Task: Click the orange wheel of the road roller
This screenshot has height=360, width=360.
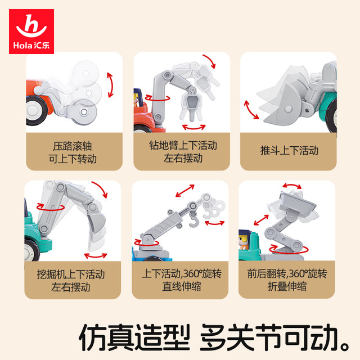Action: tap(36, 110)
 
